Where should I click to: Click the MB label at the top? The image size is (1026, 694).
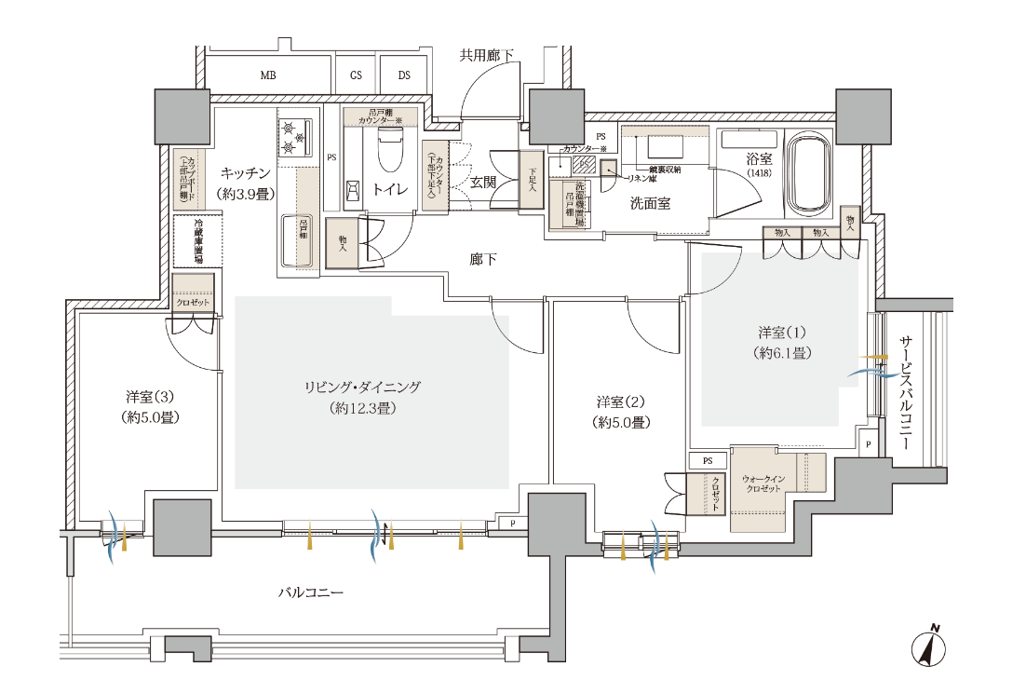268,75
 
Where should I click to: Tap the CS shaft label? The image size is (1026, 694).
356,75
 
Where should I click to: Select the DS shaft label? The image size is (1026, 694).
404,75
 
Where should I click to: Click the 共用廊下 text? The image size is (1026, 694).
487,56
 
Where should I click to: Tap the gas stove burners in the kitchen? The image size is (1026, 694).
297,136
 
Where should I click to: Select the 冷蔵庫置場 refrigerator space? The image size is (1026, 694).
198,241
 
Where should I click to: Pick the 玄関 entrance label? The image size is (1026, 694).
482,183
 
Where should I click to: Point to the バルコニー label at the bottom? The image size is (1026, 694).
312,592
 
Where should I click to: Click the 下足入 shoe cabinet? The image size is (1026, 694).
532,180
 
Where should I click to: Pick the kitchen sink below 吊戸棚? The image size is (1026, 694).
300,239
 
